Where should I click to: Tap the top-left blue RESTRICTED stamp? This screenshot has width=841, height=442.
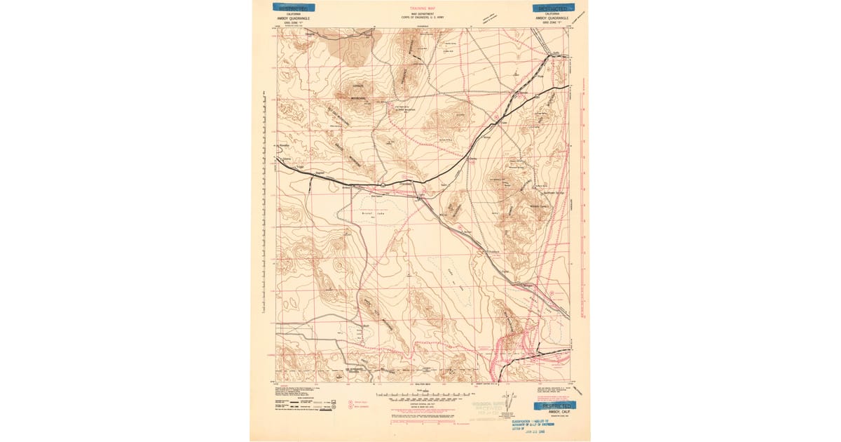pos(292,8)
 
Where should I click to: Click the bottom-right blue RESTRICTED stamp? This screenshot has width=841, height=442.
pos(554,406)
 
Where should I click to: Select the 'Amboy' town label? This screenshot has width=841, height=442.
pos(346,188)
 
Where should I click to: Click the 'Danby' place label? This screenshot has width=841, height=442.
pos(472,159)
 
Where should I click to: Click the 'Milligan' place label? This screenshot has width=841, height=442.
pos(528,286)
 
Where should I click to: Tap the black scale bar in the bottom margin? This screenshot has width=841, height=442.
pos(420,396)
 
